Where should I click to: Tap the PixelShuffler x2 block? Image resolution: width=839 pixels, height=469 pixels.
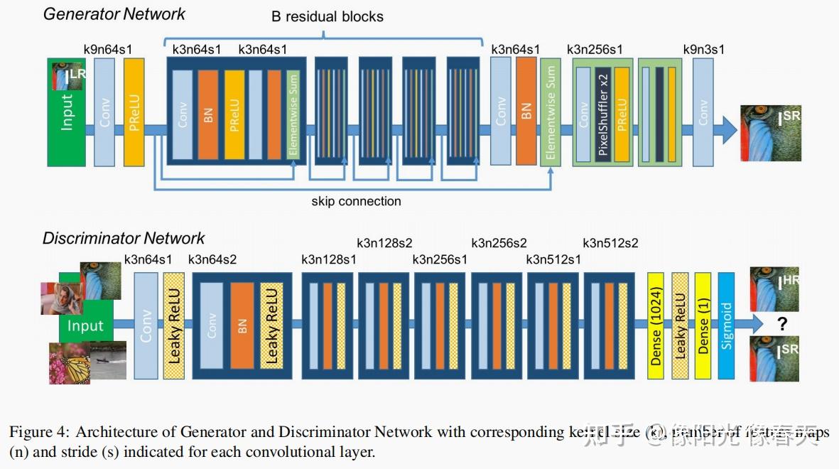(603, 113)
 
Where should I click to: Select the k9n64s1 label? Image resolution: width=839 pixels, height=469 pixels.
(107, 50)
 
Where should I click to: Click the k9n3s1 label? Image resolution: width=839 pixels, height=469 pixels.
(703, 50)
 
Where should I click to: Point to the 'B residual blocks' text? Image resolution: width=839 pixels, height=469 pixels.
(328, 16)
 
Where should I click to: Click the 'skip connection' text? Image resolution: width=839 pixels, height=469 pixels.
(356, 201)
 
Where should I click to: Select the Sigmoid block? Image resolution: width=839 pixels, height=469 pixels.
(726, 326)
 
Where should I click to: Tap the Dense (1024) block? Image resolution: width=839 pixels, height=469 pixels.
(656, 326)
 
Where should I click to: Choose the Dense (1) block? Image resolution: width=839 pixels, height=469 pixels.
(703, 326)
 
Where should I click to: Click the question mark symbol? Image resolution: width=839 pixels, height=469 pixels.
(782, 325)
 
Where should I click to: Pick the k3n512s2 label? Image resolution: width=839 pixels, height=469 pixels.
(610, 243)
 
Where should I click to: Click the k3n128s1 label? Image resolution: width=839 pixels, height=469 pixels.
(329, 259)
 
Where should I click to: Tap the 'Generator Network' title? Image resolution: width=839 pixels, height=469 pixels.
(114, 14)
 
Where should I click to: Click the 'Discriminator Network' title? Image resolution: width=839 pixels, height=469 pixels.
(124, 238)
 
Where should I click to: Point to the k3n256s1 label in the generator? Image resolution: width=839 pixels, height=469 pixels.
(595, 50)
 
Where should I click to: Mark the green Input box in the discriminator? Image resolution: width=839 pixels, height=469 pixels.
(85, 326)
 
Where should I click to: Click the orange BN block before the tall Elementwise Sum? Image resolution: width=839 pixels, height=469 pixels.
(526, 112)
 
